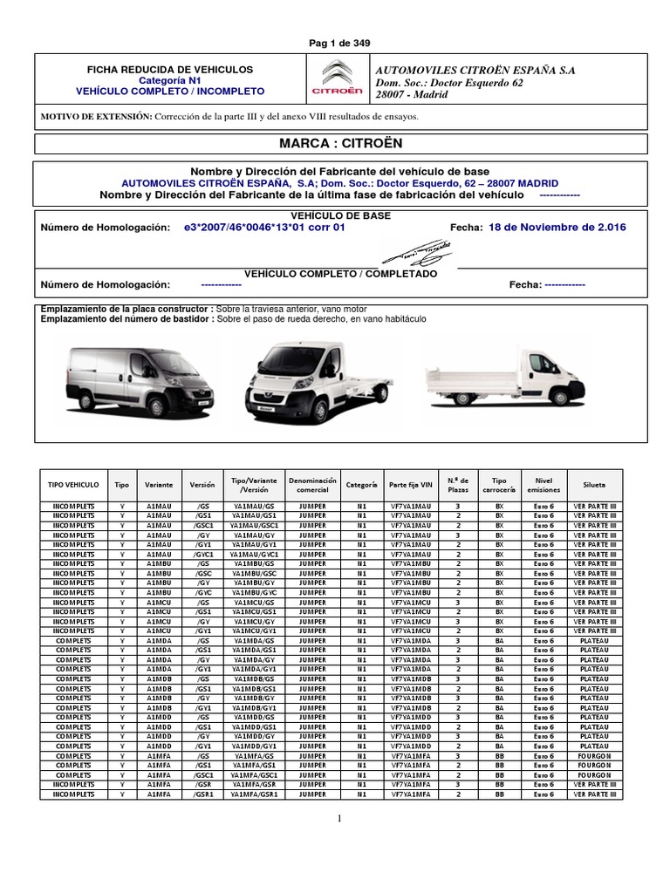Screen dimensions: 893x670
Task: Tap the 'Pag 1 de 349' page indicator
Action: [335, 43]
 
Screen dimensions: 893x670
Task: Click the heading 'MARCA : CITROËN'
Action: [335, 143]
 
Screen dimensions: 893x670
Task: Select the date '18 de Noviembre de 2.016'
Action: [557, 228]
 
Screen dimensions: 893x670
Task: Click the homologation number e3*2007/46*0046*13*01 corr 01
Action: [265, 228]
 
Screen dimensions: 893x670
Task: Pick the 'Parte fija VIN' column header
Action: [410, 484]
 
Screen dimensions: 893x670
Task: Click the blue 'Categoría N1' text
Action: [169, 79]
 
